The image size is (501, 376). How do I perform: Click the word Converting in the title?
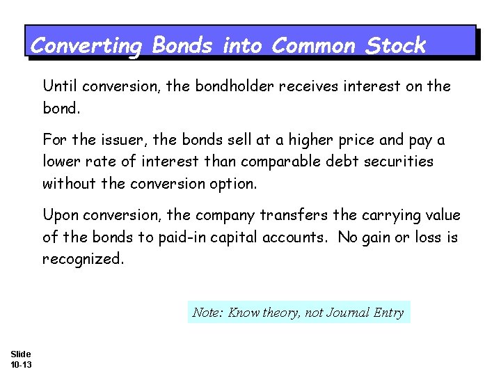[x=86, y=46]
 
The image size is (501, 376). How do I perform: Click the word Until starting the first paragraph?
[x=61, y=86]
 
